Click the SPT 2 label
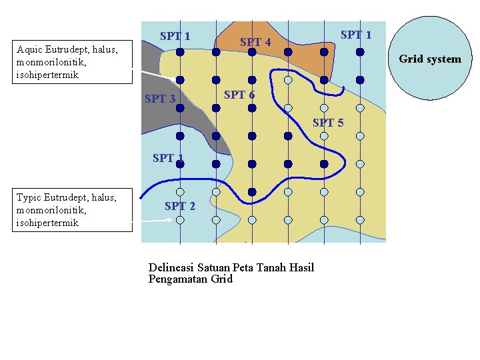pyautogui.click(x=180, y=206)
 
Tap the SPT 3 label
pyautogui.click(x=160, y=99)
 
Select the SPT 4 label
pyautogui.click(x=255, y=43)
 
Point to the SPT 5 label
pyautogui.click(x=328, y=123)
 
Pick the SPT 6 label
pyautogui.click(x=239, y=95)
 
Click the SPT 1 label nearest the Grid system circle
pyautogui.click(x=356, y=35)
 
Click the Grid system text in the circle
pyautogui.click(x=429, y=59)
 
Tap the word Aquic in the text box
pyautogui.click(x=30, y=49)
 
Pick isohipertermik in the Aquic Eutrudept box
pyautogui.click(x=47, y=75)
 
